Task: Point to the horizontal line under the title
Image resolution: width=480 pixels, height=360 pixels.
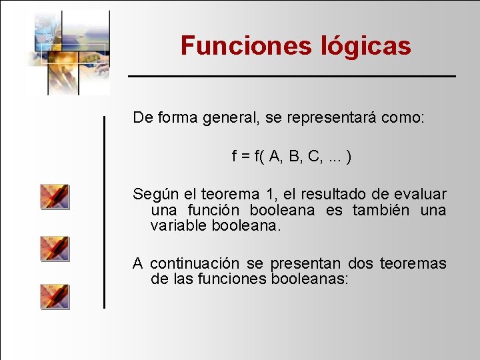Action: coord(292,77)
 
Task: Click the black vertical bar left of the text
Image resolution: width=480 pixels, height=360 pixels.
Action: coord(104,211)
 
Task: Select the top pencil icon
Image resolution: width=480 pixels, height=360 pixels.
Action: coord(55,197)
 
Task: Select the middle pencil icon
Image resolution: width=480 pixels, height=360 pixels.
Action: coord(55,248)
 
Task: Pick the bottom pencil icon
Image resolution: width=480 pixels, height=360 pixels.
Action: coord(55,296)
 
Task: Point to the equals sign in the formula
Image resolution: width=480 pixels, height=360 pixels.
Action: coord(245,157)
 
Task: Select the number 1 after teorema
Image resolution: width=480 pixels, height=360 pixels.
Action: coord(270,195)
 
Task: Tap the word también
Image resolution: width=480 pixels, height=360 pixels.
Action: coord(381,210)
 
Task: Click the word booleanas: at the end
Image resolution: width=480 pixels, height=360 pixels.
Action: coord(309,279)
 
